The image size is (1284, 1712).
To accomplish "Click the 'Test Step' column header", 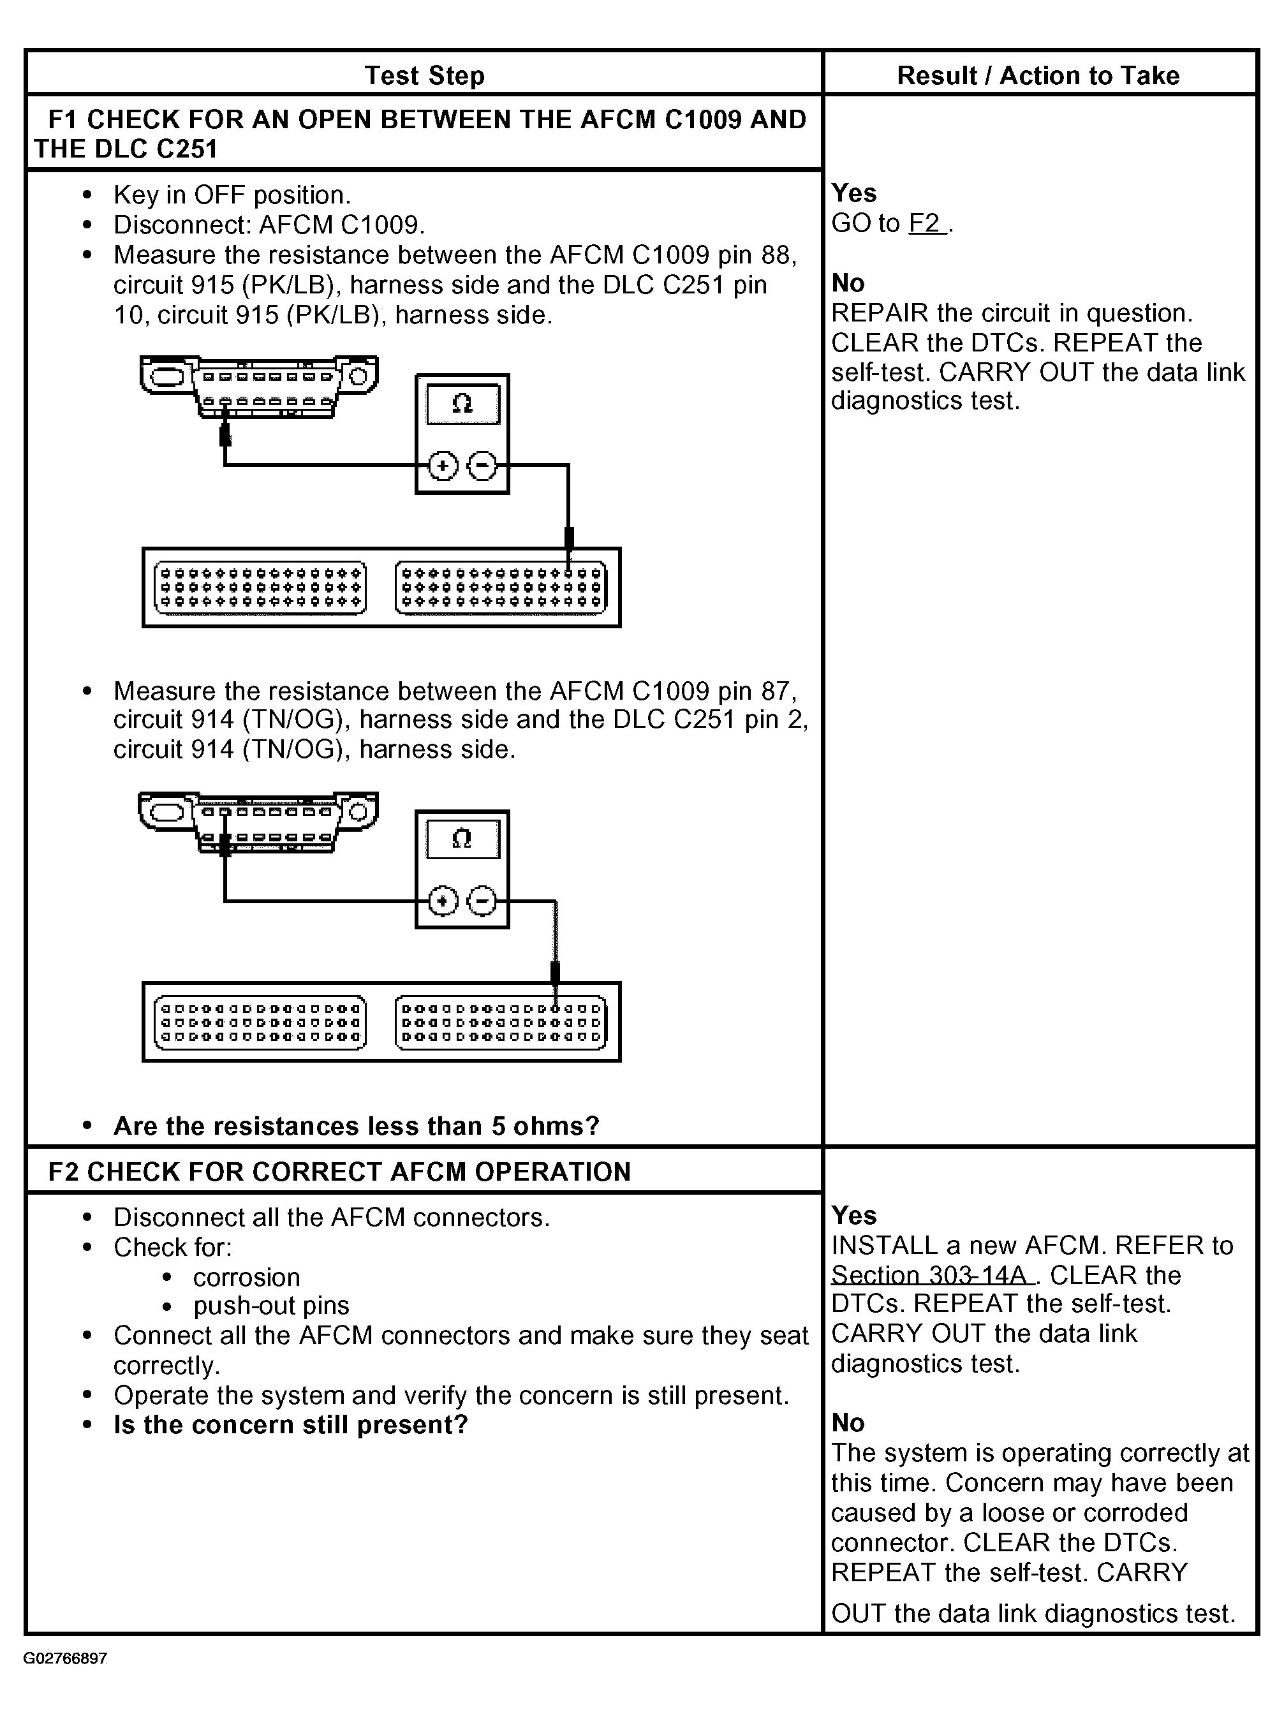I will pyautogui.click(x=424, y=76).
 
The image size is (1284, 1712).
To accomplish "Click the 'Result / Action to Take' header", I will pyautogui.click(x=1037, y=76).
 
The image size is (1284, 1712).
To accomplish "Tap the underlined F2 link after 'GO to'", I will pyautogui.click(x=926, y=224).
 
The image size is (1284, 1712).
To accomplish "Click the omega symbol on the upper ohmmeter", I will pyautogui.click(x=462, y=403).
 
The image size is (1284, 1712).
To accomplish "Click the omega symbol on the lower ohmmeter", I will pyautogui.click(x=462, y=839).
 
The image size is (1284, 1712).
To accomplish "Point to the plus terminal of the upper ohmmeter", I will pyautogui.click(x=443, y=465).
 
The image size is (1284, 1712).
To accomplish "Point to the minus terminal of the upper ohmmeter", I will pyautogui.click(x=482, y=465).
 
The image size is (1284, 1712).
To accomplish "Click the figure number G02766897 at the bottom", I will pyautogui.click(x=65, y=1659).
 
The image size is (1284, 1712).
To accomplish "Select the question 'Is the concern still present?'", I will pyautogui.click(x=291, y=1425).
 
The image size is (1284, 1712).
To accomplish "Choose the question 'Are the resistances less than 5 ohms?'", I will pyautogui.click(x=357, y=1126).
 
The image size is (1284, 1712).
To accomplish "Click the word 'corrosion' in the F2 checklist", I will pyautogui.click(x=246, y=1277).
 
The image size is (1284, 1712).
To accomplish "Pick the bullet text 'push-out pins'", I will pyautogui.click(x=271, y=1306).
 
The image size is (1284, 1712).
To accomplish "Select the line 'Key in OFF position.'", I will pyautogui.click(x=232, y=195).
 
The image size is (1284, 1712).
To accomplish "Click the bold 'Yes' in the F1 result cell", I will pyautogui.click(x=853, y=193).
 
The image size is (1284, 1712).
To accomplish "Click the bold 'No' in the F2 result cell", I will pyautogui.click(x=848, y=1422).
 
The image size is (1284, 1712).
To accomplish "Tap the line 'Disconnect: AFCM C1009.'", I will pyautogui.click(x=269, y=225).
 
